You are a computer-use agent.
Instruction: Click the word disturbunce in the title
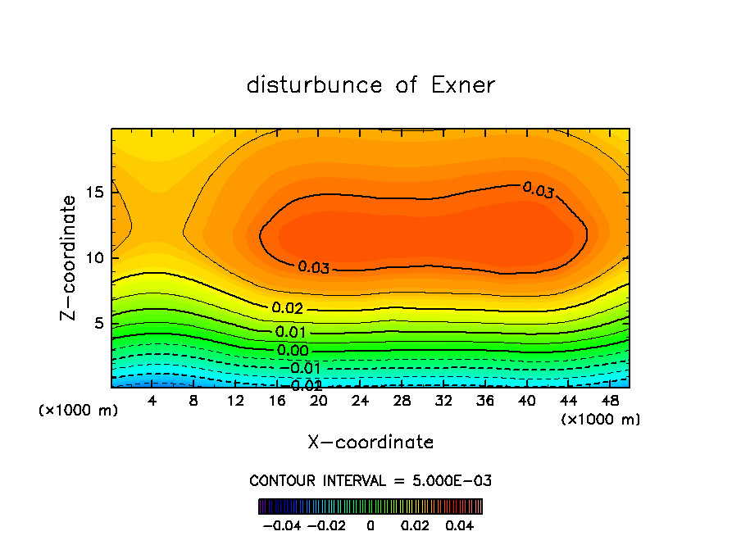point(315,85)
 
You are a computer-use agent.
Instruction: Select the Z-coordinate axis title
point(70,257)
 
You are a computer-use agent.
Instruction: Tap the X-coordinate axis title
point(370,443)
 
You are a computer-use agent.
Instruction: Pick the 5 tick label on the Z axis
point(98,324)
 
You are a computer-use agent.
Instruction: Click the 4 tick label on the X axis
point(152,402)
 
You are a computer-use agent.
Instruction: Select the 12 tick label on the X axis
point(236,402)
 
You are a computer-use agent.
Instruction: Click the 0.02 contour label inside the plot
point(288,309)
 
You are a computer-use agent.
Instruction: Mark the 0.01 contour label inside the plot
point(290,333)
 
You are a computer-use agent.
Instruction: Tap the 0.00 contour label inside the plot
point(293,351)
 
